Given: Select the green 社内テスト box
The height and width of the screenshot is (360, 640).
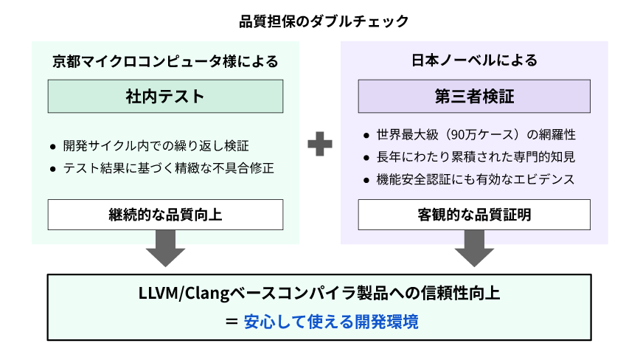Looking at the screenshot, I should tap(165, 96).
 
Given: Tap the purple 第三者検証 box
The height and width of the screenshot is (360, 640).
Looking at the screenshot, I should tap(474, 96).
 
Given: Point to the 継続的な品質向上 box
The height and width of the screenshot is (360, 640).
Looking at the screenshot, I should tap(165, 215).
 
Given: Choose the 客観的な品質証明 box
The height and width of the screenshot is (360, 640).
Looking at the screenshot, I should tap(474, 215).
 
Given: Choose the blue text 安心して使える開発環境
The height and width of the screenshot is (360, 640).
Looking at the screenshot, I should tap(330, 322).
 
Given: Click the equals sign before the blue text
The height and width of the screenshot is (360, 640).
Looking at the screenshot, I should tap(232, 322).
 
